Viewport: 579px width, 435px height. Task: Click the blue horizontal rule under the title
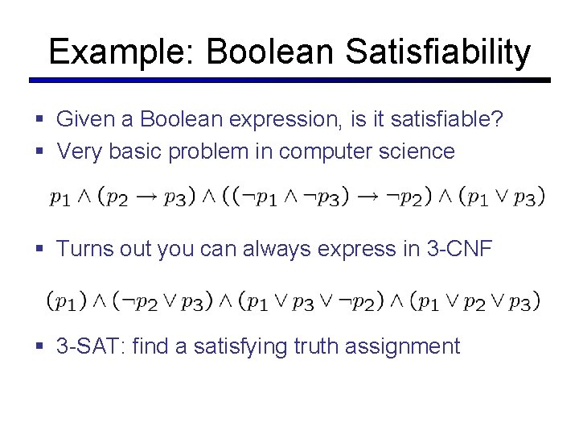click(x=289, y=81)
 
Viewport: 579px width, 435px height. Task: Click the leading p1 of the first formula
click(x=60, y=196)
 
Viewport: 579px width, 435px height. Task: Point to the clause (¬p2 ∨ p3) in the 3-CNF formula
click(x=161, y=302)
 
